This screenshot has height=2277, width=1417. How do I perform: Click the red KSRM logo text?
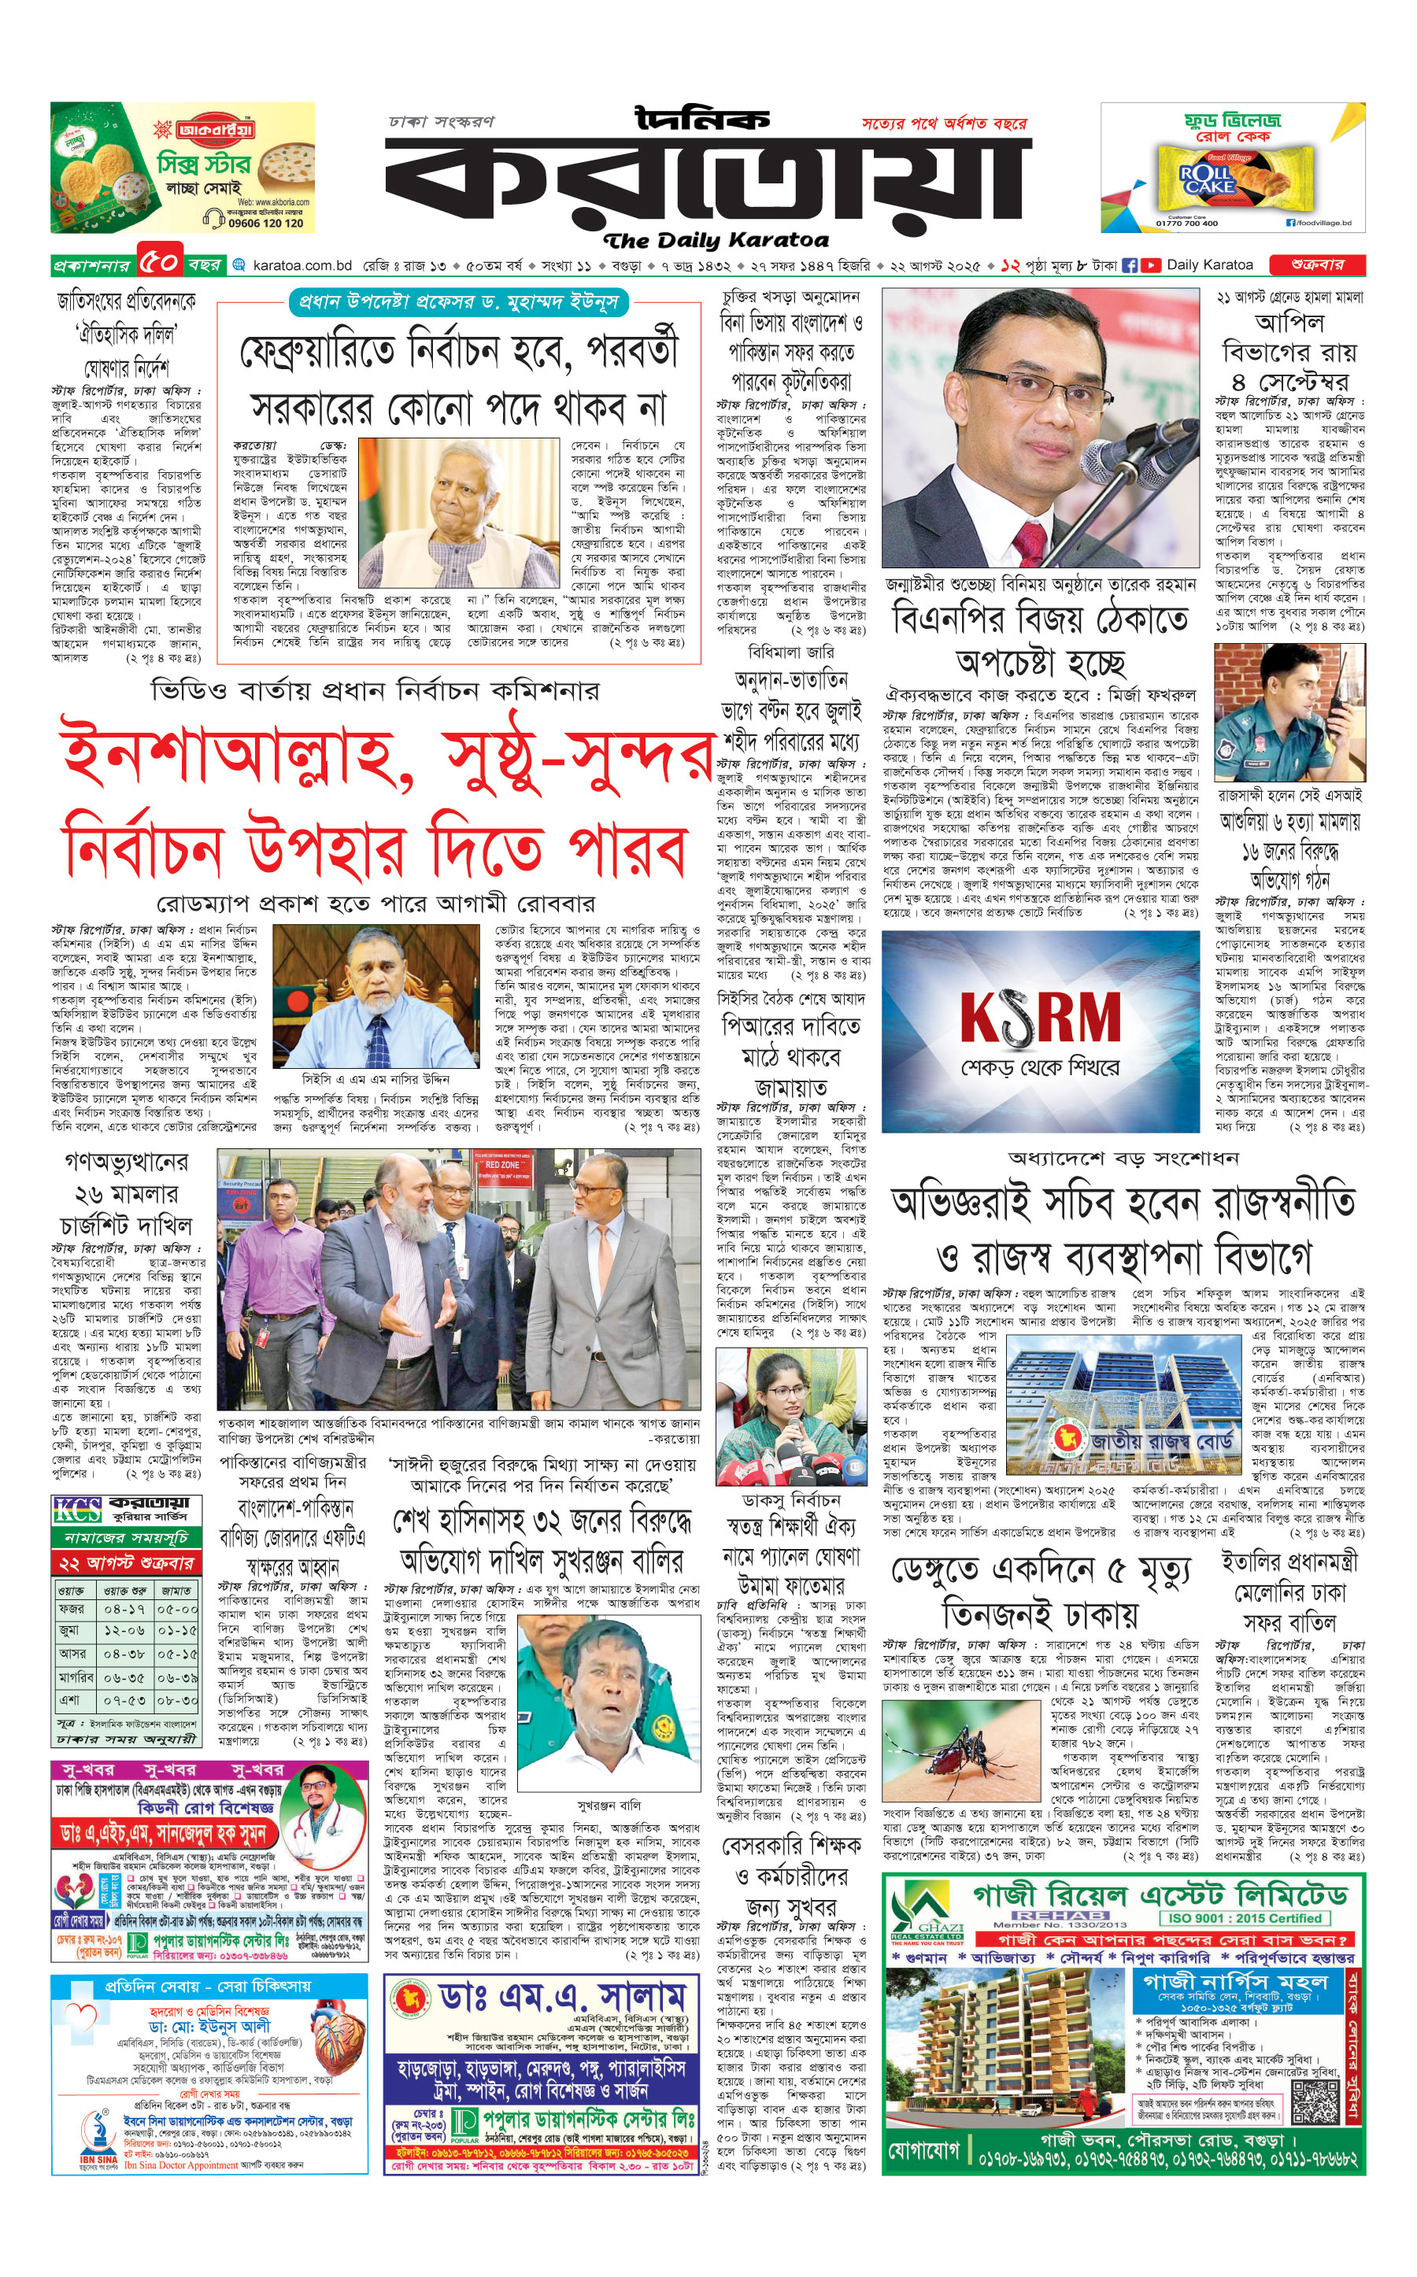point(1040,1018)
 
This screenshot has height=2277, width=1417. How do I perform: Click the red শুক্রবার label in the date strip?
point(1317,265)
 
